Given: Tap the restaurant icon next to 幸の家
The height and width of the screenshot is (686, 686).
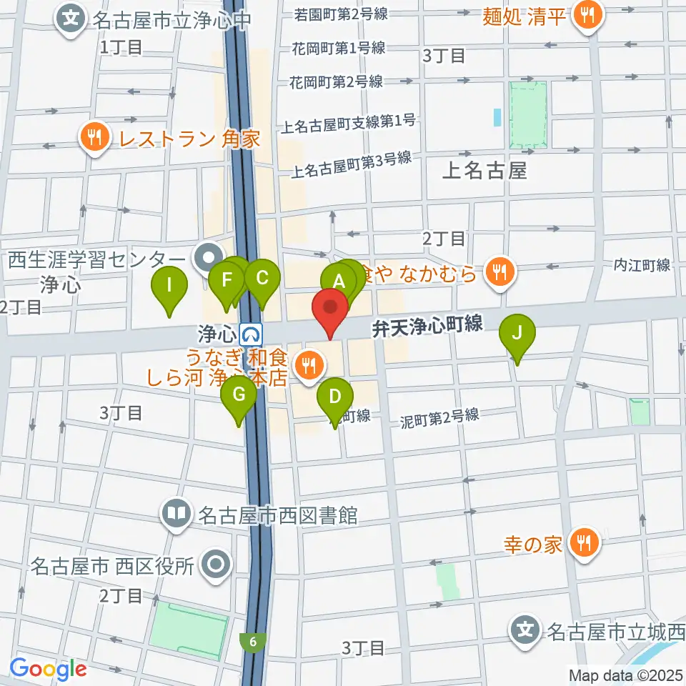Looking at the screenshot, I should (x=585, y=544).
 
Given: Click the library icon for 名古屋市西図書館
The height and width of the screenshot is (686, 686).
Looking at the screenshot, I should (x=176, y=513).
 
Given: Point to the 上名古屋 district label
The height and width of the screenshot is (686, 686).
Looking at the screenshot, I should (x=484, y=171).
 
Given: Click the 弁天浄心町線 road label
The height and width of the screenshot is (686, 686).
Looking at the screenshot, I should (x=427, y=327).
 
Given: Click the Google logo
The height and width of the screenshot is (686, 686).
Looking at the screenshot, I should (x=48, y=670).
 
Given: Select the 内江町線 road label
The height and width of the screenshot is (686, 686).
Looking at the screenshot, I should (x=642, y=266).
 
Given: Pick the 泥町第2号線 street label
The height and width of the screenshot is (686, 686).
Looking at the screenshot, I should (x=439, y=417).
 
